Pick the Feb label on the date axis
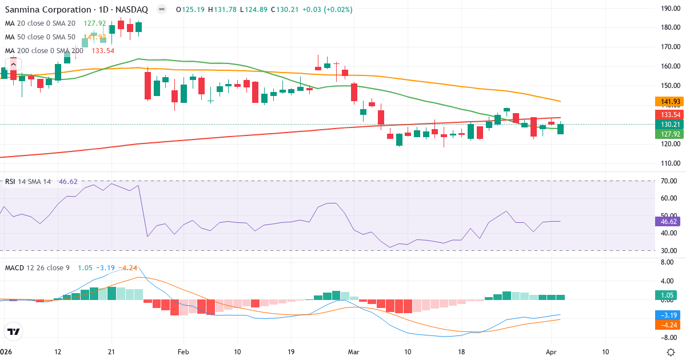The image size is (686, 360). pos(183,352)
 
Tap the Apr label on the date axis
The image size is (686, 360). pos(551,352)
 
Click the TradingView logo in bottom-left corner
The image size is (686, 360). pos(13,331)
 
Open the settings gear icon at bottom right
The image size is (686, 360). pos(672,352)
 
